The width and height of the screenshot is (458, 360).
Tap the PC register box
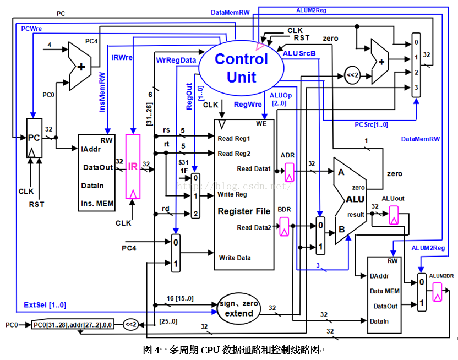coord(34,138)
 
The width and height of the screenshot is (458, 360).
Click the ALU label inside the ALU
coord(356,199)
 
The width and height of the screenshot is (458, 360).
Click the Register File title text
coord(244,211)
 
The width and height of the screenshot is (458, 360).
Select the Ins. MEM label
coord(97,203)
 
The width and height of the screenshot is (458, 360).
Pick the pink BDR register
coord(285,225)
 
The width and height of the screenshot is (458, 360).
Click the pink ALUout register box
coord(393,215)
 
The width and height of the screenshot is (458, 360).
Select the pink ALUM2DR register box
coord(437,292)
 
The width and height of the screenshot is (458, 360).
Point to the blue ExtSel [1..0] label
coord(45,305)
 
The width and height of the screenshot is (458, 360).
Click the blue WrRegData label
coord(176,59)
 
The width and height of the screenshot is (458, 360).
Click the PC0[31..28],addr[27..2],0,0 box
coord(72,324)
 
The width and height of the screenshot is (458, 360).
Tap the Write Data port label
coord(235,258)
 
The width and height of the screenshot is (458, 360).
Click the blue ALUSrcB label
coord(299,53)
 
